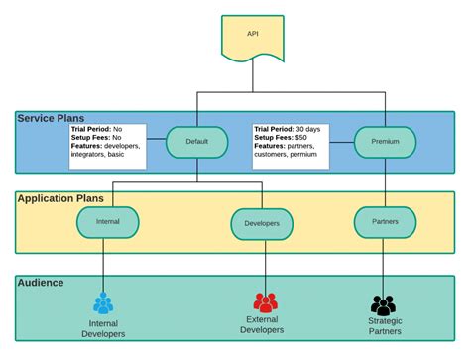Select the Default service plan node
tap(196, 142)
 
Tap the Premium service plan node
tap(385, 142)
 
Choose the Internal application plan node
tap(107, 222)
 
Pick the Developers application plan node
tap(262, 224)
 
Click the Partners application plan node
tap(385, 222)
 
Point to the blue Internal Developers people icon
tap(104, 303)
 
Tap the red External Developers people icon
tap(265, 302)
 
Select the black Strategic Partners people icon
tap(383, 305)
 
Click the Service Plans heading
tap(50, 118)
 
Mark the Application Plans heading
tap(60, 198)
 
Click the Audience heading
tap(41, 283)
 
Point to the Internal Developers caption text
tap(104, 328)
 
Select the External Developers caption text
tap(263, 324)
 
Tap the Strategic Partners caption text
tap(384, 326)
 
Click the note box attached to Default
tap(107, 141)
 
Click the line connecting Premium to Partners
tap(385, 183)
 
